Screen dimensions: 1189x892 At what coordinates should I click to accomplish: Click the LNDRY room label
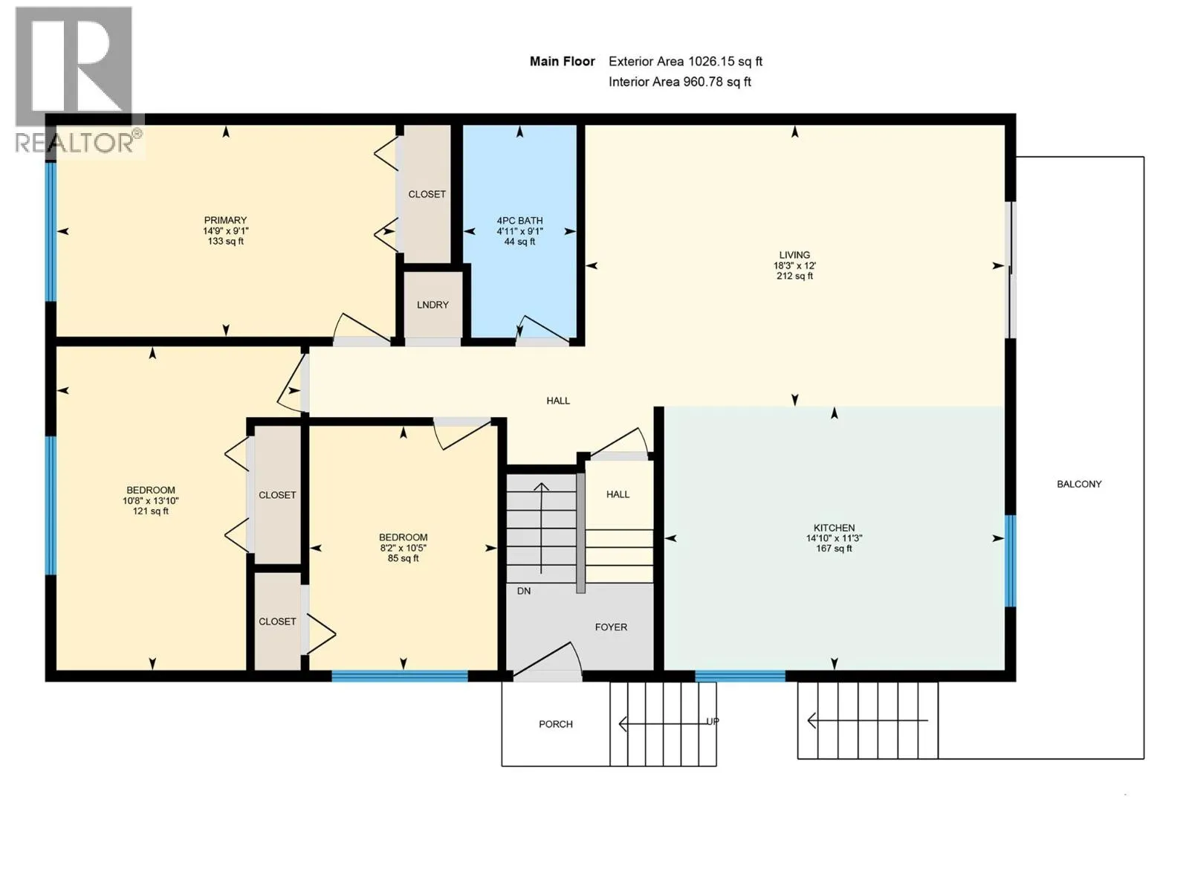tap(432, 305)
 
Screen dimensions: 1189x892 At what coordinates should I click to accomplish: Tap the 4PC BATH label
tap(519, 221)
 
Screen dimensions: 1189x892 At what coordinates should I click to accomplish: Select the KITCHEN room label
tap(834, 528)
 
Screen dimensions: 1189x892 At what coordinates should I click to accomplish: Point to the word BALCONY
tap(1078, 484)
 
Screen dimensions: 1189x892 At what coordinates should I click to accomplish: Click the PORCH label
tap(555, 724)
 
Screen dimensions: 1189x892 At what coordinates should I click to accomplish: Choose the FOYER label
tap(611, 627)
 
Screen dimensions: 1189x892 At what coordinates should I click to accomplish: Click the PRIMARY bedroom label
tap(225, 221)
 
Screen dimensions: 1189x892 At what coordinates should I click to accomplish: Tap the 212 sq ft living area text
tap(794, 277)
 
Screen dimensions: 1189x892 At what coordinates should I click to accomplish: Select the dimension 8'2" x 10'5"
tap(403, 548)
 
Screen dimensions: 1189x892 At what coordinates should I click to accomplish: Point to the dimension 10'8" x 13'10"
tap(151, 501)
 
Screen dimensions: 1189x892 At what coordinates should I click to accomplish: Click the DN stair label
tap(523, 591)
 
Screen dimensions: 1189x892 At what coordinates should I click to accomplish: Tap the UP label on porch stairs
tap(713, 721)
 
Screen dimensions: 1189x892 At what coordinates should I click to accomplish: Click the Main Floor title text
tap(562, 62)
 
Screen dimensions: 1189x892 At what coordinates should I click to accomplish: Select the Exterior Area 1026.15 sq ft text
tap(684, 62)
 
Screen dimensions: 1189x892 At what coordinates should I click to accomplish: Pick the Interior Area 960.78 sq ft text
tap(679, 82)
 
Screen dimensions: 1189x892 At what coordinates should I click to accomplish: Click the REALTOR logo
tap(79, 82)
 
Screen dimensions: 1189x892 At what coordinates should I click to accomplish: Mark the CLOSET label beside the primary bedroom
tap(427, 194)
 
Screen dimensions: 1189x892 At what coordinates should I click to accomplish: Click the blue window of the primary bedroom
tap(51, 232)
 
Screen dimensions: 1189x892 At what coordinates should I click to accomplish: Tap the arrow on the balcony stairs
tap(867, 721)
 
